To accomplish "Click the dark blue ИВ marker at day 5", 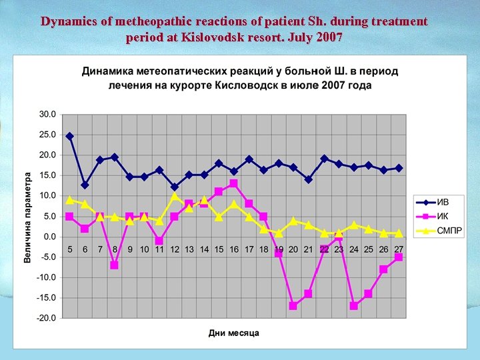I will coord(69,136).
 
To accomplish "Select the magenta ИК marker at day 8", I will coord(115,265).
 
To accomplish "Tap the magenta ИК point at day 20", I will coord(293,305).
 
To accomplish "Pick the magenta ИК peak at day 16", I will coord(234,183).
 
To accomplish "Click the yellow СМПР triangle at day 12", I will coord(175,196).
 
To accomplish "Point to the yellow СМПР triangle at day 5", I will coord(69,199).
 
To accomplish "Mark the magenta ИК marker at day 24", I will coord(353,305).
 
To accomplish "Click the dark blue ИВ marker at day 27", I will coord(399,168).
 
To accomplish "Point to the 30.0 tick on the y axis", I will coord(47,114).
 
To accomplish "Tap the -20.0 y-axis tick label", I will coord(46,318).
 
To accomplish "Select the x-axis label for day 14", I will coord(204,249).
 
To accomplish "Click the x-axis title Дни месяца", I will coord(233,333).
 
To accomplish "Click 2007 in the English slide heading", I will coord(329,37).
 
